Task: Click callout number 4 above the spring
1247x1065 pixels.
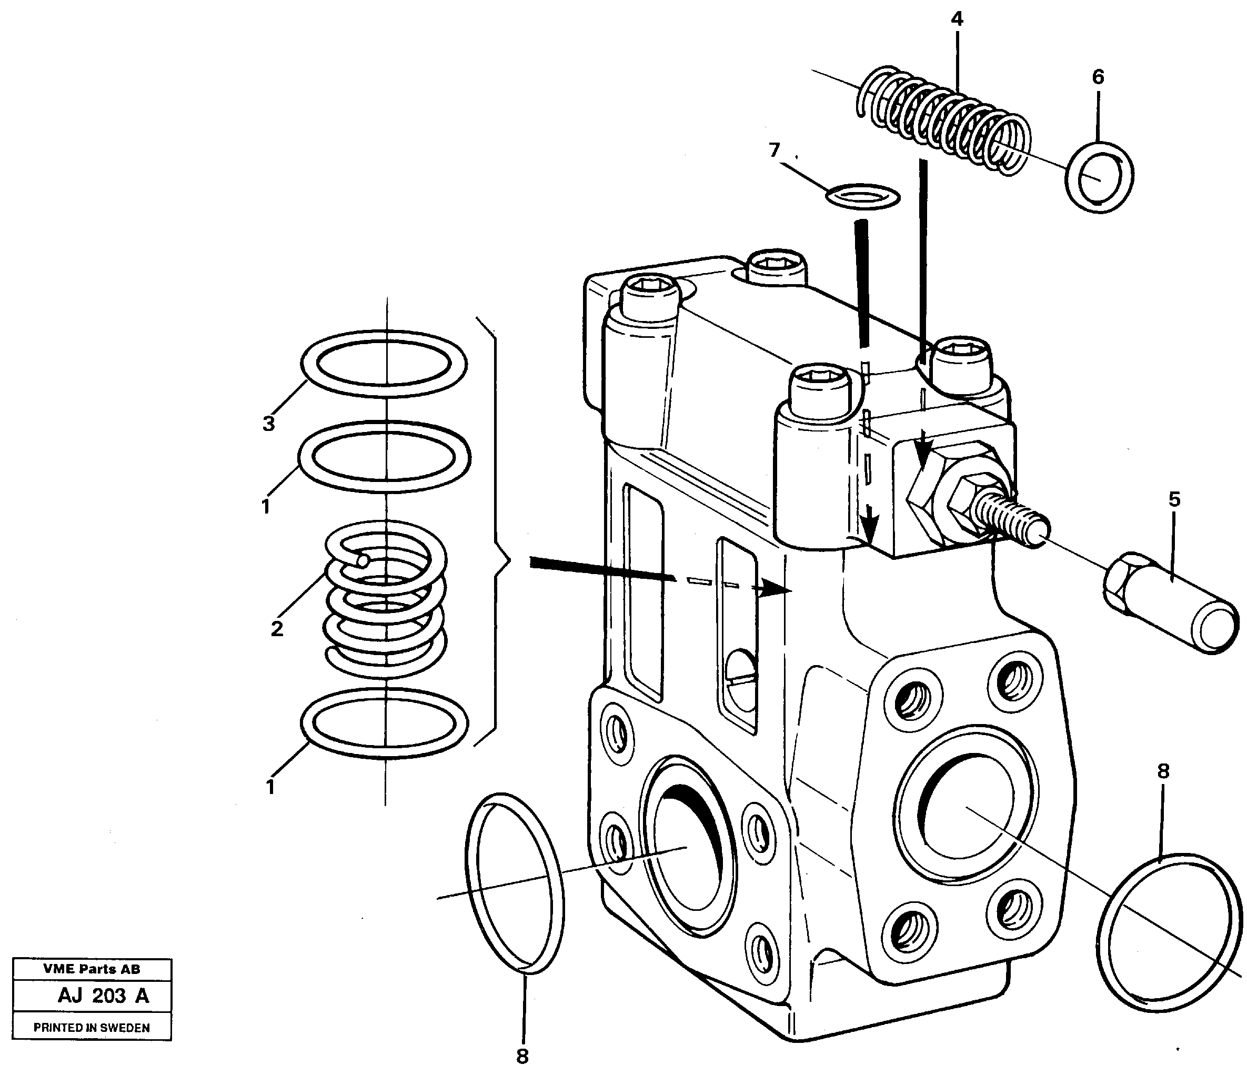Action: (x=957, y=20)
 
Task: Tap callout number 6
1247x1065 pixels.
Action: (x=1098, y=77)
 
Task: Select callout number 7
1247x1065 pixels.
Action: (x=775, y=150)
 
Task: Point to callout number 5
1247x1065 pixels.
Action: (x=1174, y=499)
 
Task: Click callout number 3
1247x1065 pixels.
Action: (x=268, y=424)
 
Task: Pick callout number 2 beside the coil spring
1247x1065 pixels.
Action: (x=276, y=629)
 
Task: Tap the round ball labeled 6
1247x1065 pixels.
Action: (x=1099, y=177)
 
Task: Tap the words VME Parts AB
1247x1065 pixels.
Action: (x=92, y=969)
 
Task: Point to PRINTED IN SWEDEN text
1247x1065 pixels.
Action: (x=92, y=1027)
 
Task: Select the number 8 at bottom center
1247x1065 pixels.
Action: (x=522, y=1056)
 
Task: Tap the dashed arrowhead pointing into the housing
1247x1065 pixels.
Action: (x=777, y=590)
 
